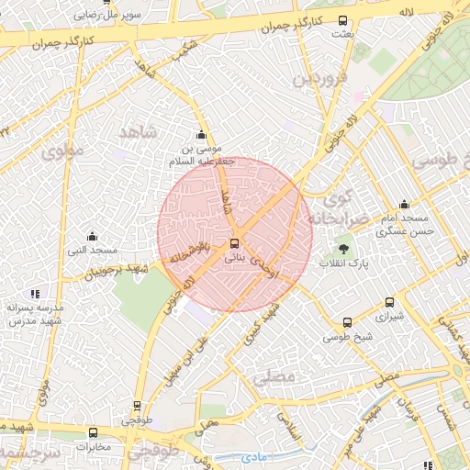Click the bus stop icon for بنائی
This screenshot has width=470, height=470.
235,244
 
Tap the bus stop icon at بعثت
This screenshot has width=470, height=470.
343,20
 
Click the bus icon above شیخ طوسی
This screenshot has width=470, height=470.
347,322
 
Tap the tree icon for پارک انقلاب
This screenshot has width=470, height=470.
345,248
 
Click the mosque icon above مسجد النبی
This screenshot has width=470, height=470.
91,237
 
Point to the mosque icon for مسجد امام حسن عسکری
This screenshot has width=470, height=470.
404,205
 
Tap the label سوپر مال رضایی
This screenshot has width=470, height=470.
108,16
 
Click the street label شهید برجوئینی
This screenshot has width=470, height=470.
117,270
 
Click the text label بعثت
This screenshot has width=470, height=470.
342,34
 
